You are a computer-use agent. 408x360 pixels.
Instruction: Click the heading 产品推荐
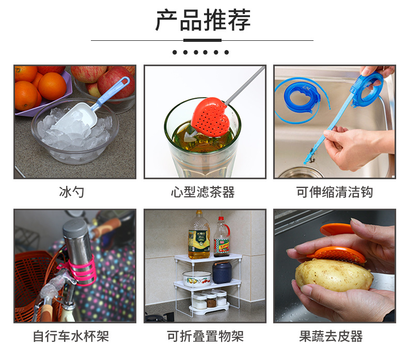[202, 20]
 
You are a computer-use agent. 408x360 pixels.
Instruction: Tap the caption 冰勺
[72, 192]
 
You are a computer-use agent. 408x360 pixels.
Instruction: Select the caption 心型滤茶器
[202, 192]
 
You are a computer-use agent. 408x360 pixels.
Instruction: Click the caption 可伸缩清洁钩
[334, 192]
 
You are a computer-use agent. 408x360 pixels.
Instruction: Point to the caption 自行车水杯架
[71, 336]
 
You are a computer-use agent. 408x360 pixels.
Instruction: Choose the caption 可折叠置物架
[205, 336]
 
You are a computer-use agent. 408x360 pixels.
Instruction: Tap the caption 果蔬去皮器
[331, 336]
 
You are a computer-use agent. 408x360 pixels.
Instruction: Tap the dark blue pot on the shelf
[222, 272]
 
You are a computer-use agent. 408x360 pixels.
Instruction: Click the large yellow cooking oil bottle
[199, 236]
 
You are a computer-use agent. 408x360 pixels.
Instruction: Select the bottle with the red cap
[222, 237]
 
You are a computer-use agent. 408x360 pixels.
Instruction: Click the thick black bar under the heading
[202, 40]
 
